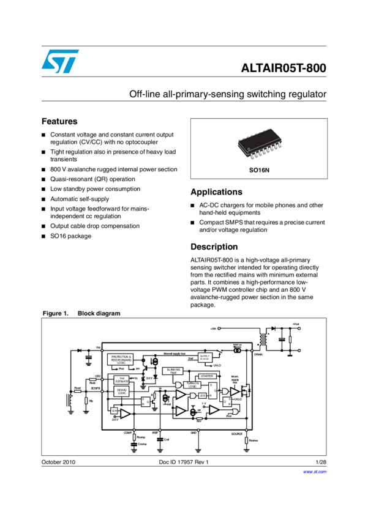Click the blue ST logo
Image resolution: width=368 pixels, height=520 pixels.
click(60, 61)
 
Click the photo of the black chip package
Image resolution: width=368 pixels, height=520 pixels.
click(259, 141)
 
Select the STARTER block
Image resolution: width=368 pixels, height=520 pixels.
click(207, 376)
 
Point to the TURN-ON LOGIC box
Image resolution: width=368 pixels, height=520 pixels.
click(190, 385)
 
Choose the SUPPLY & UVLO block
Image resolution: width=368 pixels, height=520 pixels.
click(205, 357)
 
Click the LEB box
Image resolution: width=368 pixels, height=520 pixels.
click(202, 395)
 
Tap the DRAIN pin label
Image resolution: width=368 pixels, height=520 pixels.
click(257, 354)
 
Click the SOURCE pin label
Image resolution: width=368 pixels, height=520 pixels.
click(236, 434)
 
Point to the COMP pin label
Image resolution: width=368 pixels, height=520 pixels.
click(128, 433)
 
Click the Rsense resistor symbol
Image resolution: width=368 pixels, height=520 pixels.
click(246, 439)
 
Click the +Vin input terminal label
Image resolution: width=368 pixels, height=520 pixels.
click(213, 329)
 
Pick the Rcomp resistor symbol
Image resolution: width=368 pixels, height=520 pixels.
click(134, 437)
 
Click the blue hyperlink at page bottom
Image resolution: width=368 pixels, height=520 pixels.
click(315, 472)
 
